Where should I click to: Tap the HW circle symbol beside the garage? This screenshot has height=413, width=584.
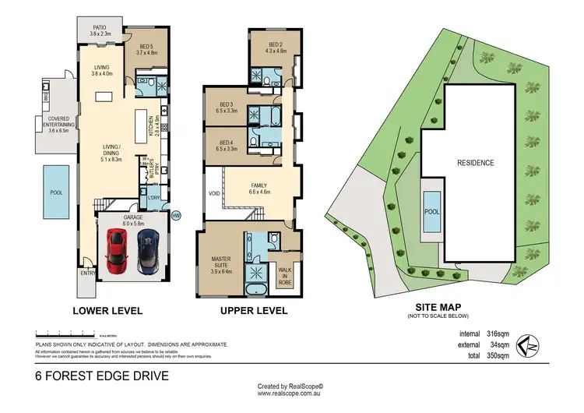176,216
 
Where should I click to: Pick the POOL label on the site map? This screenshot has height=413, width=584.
431,211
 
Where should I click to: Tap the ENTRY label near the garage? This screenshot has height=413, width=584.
85,273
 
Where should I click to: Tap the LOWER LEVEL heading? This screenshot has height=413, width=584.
107,311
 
